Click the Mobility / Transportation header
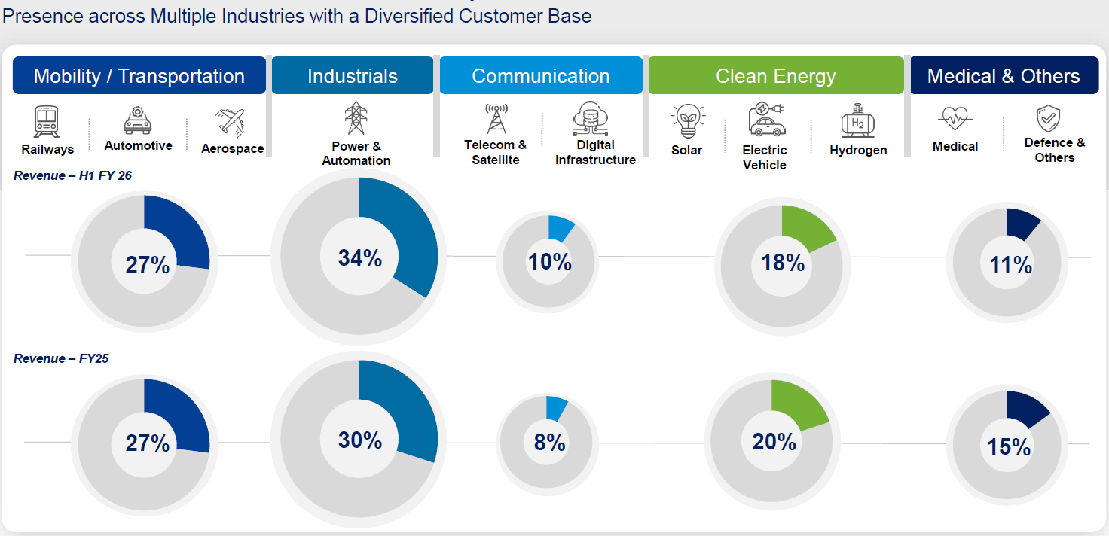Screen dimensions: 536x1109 point(139,76)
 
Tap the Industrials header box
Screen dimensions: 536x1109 point(352,76)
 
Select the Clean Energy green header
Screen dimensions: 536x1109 point(775,76)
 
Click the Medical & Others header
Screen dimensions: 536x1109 point(1003,76)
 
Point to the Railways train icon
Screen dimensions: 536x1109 point(47,121)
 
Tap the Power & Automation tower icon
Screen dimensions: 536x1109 point(356,117)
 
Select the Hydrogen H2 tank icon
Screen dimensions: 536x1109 point(857,121)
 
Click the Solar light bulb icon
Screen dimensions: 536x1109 point(686,121)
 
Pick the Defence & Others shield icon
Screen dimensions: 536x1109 point(1048,119)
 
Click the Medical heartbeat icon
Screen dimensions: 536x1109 point(955,119)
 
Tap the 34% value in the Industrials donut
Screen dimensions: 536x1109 point(360,258)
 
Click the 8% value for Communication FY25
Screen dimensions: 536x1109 point(549,443)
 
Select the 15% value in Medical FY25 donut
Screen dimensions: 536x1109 point(1009,446)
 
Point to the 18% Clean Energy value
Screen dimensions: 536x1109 point(783,263)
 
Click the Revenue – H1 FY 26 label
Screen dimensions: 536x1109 point(72,176)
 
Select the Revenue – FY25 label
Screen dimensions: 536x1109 point(61,358)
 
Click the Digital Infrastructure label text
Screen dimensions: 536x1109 point(595,152)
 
